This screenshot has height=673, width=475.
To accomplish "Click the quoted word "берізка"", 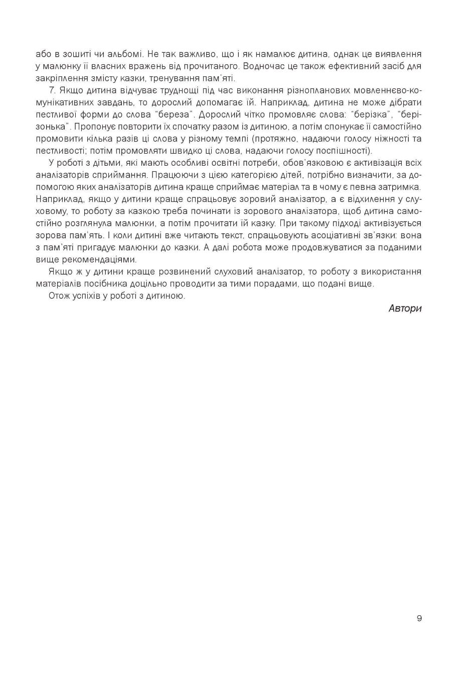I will pos(372,115).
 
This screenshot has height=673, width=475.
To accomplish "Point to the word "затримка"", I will pos(401,187).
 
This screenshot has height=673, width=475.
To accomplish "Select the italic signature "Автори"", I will pos(405,308).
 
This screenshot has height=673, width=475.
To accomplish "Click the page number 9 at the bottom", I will pos(419,618).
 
